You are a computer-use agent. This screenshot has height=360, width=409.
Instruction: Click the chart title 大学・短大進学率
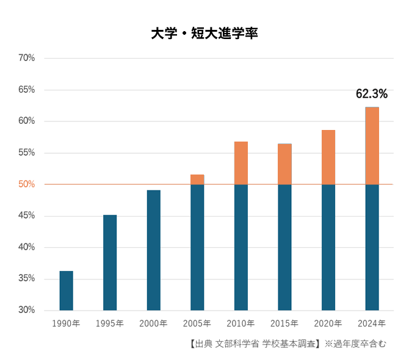(x=204, y=34)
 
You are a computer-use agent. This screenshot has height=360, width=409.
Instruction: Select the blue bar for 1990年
(x=66, y=290)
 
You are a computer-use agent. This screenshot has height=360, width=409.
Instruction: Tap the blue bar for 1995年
(x=110, y=262)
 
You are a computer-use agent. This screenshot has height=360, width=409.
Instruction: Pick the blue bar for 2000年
(x=153, y=250)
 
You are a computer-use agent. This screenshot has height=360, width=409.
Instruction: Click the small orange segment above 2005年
(x=197, y=179)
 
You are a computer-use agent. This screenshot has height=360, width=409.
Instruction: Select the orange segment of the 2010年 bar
(x=241, y=163)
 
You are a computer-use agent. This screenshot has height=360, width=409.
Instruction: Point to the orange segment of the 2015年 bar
(x=284, y=164)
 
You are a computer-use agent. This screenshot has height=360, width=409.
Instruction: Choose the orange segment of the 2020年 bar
(x=328, y=157)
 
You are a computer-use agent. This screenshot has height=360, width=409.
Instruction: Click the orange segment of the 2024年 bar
(x=372, y=146)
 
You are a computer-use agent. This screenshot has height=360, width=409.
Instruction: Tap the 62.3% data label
(x=372, y=94)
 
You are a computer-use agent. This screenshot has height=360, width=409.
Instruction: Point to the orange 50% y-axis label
(x=27, y=184)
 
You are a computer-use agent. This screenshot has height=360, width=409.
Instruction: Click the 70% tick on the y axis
(x=27, y=58)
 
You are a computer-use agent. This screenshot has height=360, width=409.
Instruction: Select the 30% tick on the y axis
(x=27, y=310)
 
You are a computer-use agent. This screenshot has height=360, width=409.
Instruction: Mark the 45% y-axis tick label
(x=27, y=215)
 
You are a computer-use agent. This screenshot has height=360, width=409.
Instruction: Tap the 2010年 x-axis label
(x=241, y=323)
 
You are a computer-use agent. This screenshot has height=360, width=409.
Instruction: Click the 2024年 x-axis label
(x=372, y=323)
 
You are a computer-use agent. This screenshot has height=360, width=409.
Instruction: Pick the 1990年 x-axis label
(x=66, y=323)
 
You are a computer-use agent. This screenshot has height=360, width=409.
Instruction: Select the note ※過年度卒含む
(x=355, y=344)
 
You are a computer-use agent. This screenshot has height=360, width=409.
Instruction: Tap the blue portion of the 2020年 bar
(x=328, y=247)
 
